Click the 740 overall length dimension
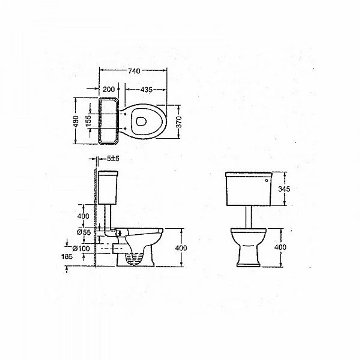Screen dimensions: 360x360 (134, 71)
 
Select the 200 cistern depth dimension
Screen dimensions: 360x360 (109, 89)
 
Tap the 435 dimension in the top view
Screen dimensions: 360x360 (146, 90)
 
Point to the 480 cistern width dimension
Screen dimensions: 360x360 (76, 121)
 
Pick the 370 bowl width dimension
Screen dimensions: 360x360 (179, 122)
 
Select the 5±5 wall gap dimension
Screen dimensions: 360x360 (113, 158)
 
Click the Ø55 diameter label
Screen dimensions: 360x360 (84, 232)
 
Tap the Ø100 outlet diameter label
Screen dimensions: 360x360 (81, 248)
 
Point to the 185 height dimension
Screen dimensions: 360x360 (67, 256)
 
